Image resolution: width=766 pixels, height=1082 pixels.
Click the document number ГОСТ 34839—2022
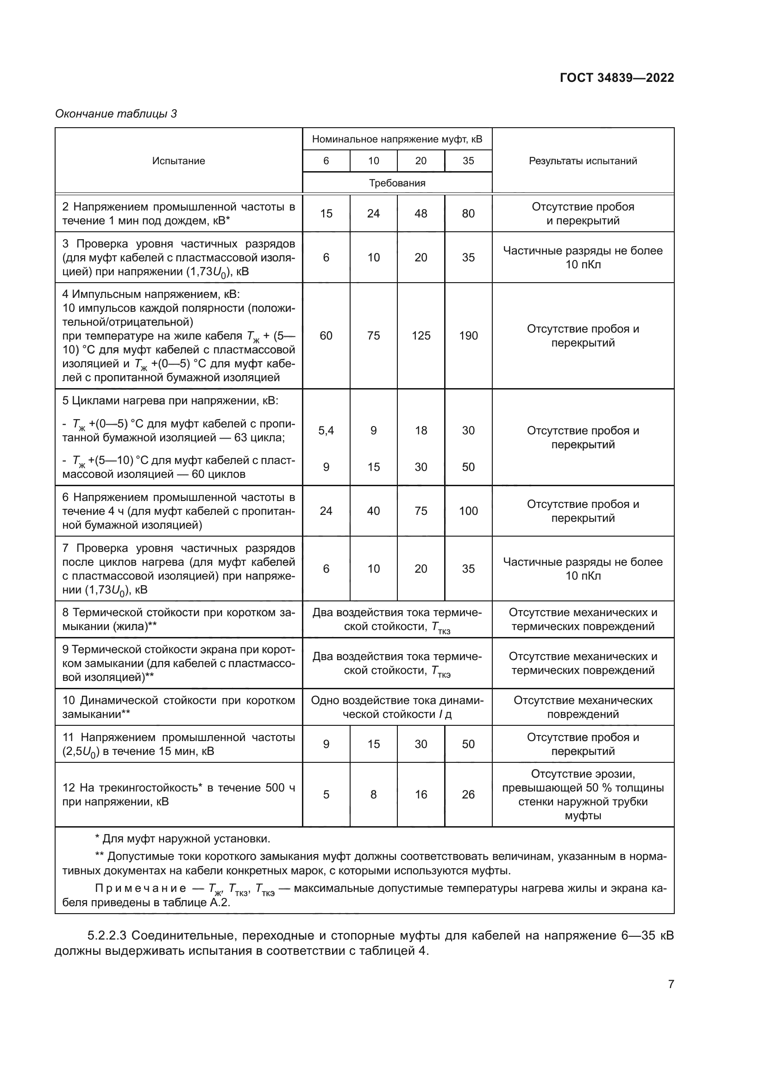pos(616,78)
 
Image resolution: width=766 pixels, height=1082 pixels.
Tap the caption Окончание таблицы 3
pos(116,114)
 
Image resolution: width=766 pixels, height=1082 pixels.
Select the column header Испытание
pos(178,161)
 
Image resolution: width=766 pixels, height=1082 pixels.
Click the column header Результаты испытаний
pos(583,161)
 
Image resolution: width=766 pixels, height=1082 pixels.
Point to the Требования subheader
pos(397,183)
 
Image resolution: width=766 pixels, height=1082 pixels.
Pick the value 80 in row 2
pos(468,213)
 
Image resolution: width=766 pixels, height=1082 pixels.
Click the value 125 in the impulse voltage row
pos(421,335)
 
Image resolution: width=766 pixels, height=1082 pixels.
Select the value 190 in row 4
pos(468,335)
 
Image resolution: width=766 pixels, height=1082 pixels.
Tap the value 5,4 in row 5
pos(326,430)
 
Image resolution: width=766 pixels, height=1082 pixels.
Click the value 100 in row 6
pos(468,511)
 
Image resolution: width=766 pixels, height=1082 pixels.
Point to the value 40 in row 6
pos(373,511)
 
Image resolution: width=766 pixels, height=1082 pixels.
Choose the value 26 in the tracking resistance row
pos(468,795)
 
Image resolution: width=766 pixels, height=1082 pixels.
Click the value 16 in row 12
pos(421,795)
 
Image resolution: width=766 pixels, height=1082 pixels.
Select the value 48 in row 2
pos(421,213)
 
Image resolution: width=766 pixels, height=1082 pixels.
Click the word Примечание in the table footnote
pos(141,889)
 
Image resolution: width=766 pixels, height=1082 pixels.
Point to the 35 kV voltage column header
pos(468,161)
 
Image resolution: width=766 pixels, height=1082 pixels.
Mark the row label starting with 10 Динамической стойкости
pos(178,707)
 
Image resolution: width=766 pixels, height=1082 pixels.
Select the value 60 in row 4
pos(326,335)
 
